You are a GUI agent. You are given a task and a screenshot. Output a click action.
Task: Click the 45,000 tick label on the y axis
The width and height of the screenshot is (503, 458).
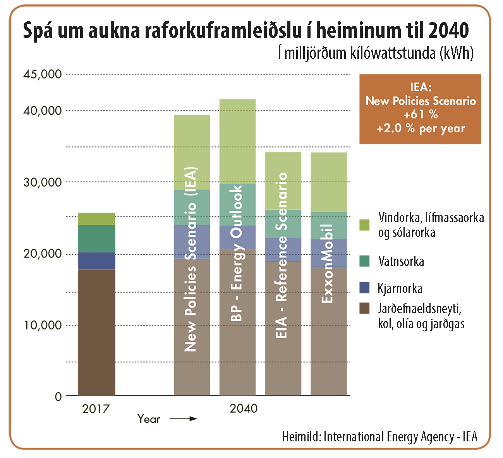click(x=43, y=74)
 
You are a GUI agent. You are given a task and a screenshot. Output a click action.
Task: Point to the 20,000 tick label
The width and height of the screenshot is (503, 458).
click(x=43, y=254)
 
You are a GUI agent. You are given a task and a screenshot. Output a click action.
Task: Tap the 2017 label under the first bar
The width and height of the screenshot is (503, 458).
click(x=96, y=409)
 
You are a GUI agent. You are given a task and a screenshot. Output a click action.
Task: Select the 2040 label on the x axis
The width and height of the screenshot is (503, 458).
click(x=244, y=408)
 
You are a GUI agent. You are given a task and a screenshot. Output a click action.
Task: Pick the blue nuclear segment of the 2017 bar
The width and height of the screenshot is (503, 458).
click(x=96, y=261)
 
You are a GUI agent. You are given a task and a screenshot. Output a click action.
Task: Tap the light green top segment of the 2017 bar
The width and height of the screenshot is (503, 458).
click(x=96, y=219)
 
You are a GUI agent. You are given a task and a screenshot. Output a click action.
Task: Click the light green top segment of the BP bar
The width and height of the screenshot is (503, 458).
click(x=237, y=141)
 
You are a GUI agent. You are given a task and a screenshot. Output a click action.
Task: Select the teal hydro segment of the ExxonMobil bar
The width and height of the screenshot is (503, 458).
click(x=329, y=225)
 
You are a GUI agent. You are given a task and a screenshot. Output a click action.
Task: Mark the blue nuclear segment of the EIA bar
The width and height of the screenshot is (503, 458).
click(x=283, y=250)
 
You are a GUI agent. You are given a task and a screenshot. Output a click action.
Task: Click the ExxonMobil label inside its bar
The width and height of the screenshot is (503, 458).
click(x=328, y=263)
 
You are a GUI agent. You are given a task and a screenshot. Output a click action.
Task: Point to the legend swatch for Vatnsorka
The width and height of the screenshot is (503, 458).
click(x=364, y=261)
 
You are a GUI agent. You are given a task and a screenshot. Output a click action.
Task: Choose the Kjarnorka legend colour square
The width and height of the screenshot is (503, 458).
click(x=364, y=288)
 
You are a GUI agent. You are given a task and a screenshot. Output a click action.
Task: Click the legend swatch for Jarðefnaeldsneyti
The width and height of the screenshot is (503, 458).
click(x=364, y=309)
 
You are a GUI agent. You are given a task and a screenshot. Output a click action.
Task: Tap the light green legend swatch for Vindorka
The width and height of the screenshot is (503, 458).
click(x=364, y=225)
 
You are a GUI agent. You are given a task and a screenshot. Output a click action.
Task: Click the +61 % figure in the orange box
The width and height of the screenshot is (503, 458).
click(x=420, y=115)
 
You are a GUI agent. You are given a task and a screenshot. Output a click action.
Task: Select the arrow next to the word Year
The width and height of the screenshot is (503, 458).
click(x=183, y=419)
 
